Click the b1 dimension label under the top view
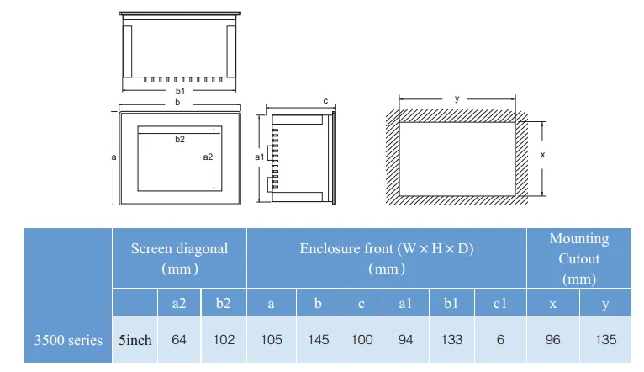180,91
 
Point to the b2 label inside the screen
180,140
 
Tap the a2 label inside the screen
208,157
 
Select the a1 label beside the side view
260,157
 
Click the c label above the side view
325,101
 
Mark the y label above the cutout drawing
457,98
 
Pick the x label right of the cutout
542,155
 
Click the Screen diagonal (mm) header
179,258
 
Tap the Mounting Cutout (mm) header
579,258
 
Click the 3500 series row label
68,340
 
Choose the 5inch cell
135,340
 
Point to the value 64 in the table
179,339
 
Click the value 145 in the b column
319,339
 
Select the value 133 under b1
451,339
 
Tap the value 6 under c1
500,339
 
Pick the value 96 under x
553,339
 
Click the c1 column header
500,303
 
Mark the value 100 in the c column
362,339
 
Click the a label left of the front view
113,157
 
